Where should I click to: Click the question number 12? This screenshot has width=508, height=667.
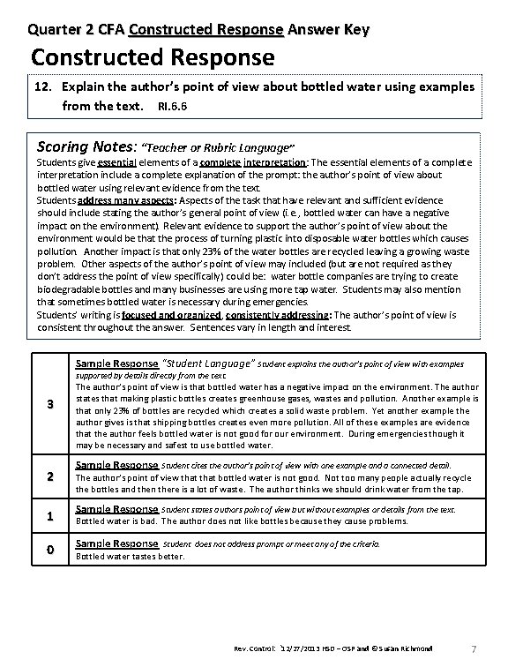[44, 87]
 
